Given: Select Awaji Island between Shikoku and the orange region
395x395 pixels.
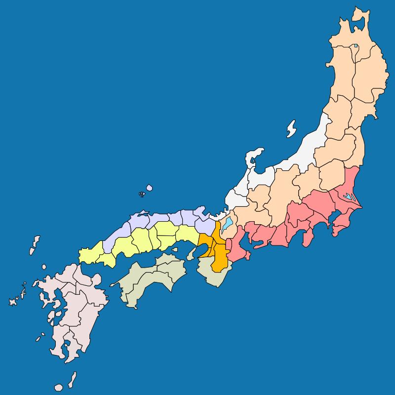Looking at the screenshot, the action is [x=191, y=253].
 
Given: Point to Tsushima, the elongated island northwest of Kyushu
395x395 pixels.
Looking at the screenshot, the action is [x=35, y=245].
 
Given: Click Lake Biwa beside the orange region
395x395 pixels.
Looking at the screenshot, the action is [x=227, y=225].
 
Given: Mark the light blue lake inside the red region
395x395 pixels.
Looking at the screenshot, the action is [x=349, y=196].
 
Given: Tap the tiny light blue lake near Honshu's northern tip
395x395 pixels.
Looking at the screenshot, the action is [x=355, y=47].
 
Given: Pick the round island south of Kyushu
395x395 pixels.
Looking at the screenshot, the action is [x=59, y=387].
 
